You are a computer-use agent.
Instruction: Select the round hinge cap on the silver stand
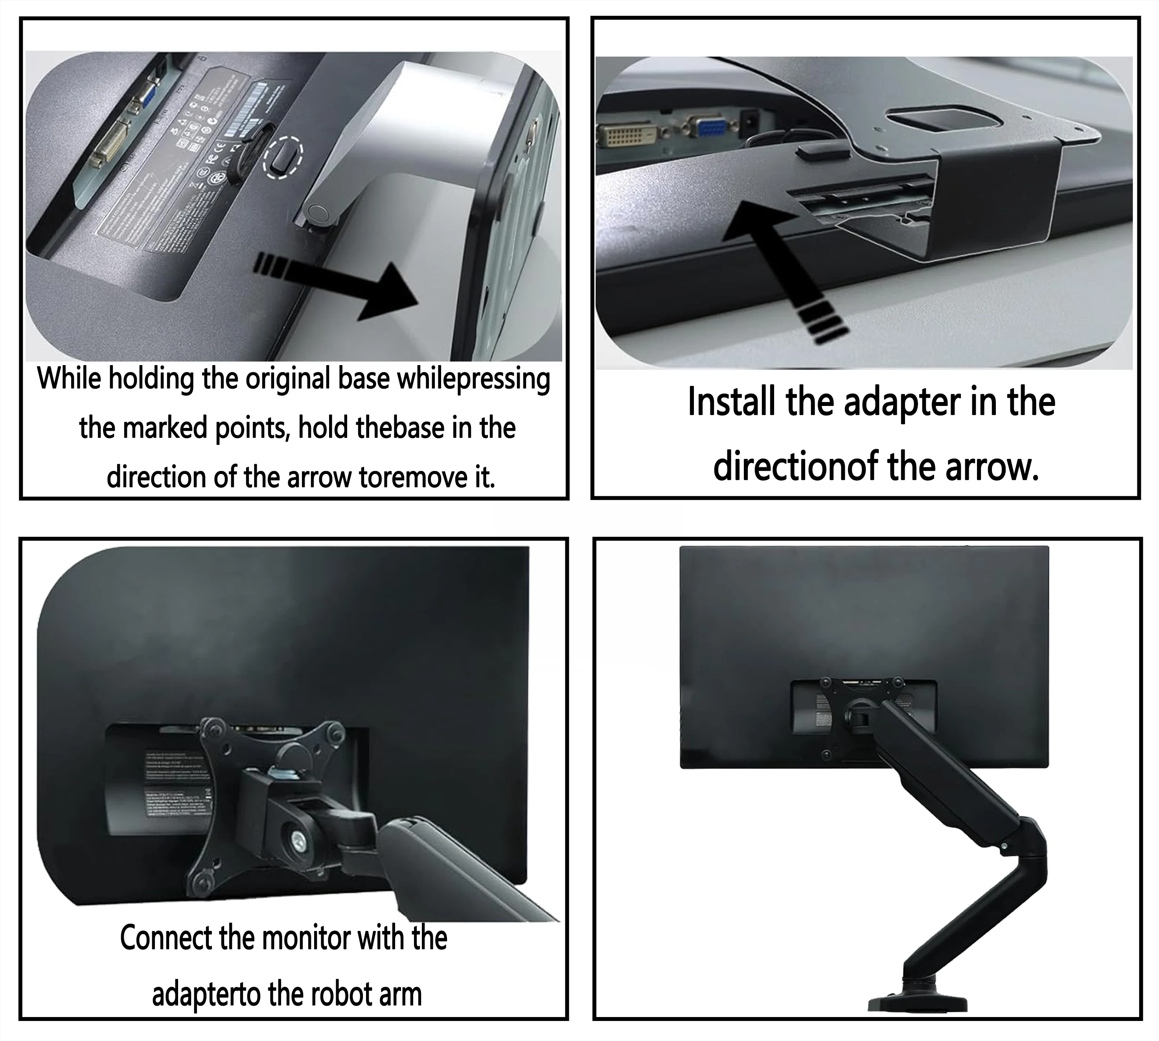click(316, 214)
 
